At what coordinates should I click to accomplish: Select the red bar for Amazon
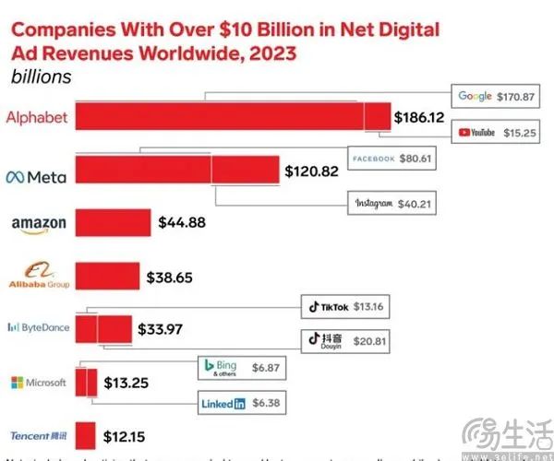tap(113, 222)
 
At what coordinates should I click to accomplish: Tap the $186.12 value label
tap(419, 118)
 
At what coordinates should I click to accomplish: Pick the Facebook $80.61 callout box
tap(391, 159)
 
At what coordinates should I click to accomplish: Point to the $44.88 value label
tap(181, 222)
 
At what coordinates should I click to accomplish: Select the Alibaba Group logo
tap(38, 275)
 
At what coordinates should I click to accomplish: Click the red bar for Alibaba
tap(106, 275)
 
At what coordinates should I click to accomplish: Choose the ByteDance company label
tap(37, 326)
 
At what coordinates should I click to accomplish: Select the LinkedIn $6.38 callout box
tap(240, 403)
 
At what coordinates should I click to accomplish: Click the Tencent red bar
tap(86, 434)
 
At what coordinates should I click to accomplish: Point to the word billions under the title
tap(41, 77)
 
